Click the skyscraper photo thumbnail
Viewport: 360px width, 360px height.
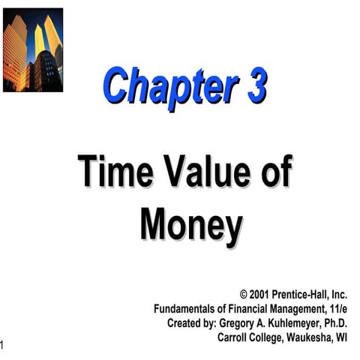pos(33,49)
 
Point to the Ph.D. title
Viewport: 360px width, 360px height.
pos(337,322)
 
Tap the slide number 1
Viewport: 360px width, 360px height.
pos(3,344)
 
